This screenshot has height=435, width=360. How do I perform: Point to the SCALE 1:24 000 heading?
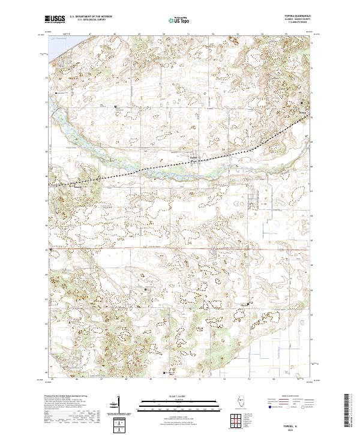click(179, 396)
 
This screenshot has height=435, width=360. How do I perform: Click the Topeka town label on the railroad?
click(194, 158)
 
